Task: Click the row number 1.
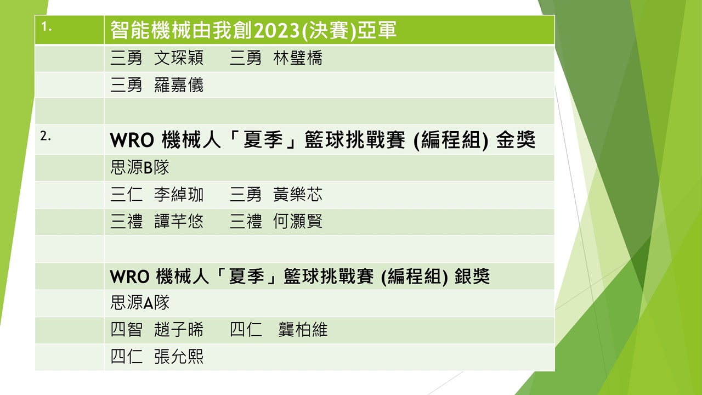46,27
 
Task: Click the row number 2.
46,136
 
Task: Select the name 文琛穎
179,58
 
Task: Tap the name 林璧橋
298,58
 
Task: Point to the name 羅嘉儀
179,85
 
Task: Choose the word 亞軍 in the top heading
377,30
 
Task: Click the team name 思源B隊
139,167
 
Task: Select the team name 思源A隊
140,302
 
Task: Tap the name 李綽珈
179,194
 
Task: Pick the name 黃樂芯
298,194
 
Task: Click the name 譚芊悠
179,221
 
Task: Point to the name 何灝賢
298,221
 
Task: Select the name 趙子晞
179,330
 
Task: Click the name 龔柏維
303,330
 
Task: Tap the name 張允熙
179,357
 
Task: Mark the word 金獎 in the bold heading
516,140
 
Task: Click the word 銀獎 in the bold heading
472,276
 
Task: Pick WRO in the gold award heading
132,140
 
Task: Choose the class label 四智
126,330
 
